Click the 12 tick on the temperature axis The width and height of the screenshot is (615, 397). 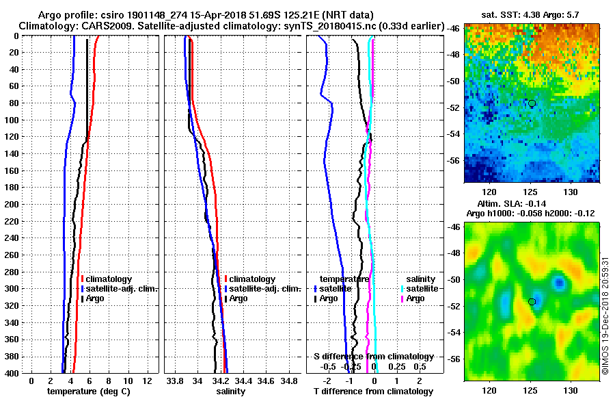[146, 381]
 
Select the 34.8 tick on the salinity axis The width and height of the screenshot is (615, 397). [290, 381]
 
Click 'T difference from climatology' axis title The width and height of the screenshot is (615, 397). [374, 391]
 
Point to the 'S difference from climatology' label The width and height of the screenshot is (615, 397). [374, 357]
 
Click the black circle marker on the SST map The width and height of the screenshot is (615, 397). [532, 103]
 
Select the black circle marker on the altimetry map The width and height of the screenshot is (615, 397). [532, 301]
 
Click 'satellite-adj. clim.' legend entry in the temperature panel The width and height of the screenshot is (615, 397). [120, 289]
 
